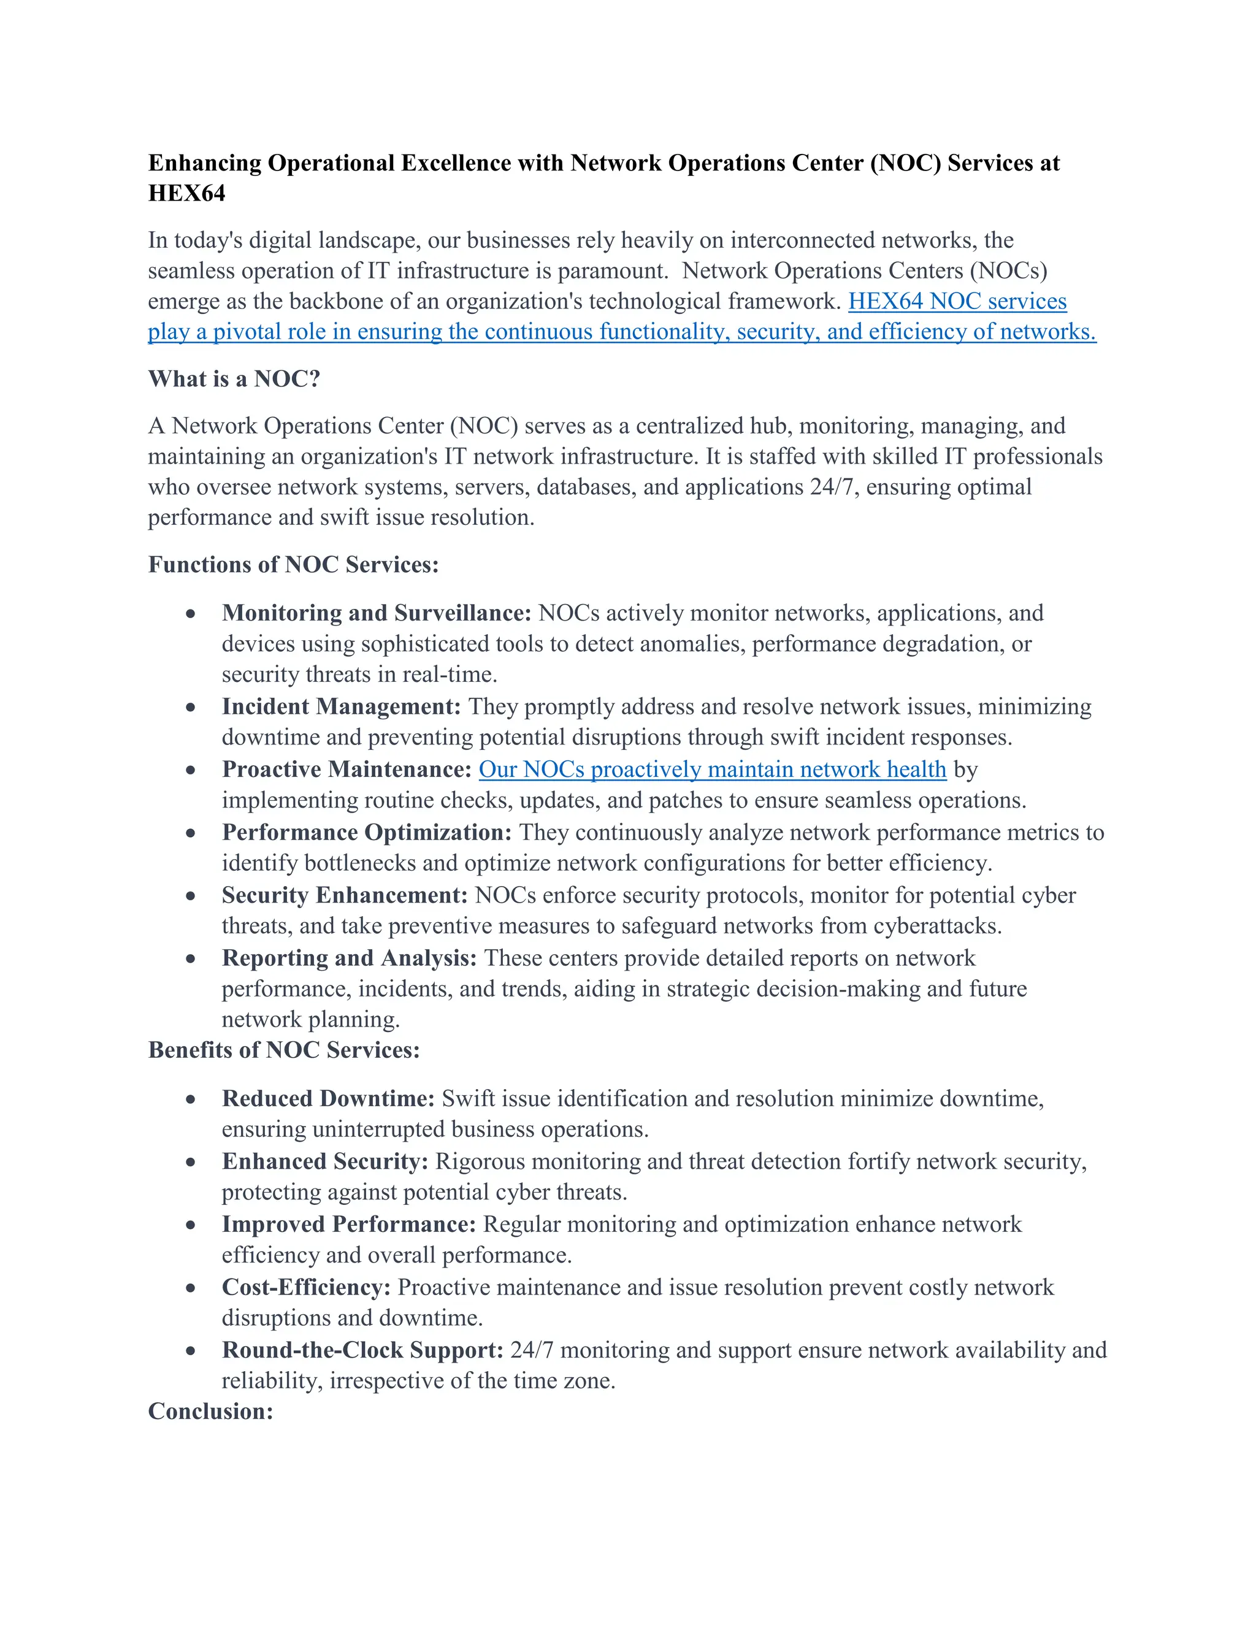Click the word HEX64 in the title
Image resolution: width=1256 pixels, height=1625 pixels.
(187, 193)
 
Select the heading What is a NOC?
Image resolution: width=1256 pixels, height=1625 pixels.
(234, 379)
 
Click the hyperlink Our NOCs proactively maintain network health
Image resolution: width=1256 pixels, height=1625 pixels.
(712, 770)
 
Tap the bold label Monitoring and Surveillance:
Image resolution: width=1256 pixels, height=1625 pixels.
(377, 613)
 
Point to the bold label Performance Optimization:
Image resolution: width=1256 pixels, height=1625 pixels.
(367, 833)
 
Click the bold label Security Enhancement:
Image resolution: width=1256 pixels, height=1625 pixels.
(345, 895)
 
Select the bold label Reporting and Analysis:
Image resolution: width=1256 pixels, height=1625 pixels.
(349, 958)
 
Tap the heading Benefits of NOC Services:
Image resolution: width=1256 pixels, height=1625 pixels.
(284, 1050)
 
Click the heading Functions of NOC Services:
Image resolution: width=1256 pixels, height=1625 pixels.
(293, 565)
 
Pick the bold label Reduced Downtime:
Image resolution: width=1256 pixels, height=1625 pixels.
(328, 1099)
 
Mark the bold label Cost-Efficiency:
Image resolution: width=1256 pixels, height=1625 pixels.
(306, 1288)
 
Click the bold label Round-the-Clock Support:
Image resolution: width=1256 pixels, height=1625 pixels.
(363, 1350)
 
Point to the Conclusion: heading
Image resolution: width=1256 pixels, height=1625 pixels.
(210, 1412)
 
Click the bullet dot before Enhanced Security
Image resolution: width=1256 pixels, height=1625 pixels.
(191, 1162)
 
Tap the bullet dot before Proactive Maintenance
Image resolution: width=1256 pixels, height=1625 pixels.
(191, 770)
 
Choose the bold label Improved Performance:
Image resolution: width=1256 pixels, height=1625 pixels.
(349, 1225)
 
